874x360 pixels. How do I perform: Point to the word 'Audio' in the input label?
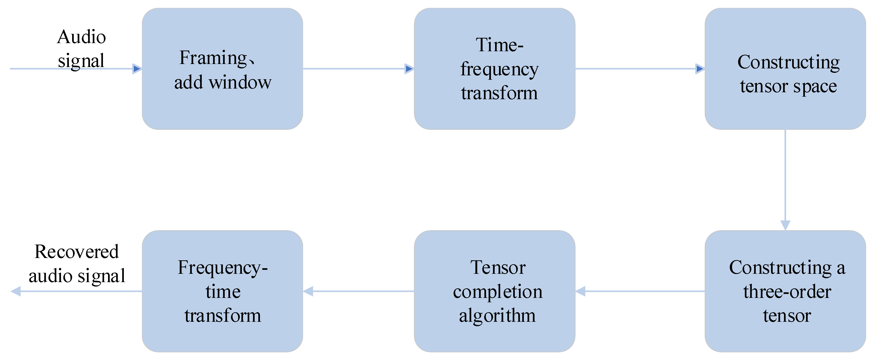[x=81, y=37]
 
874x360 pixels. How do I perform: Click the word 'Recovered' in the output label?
[x=77, y=252]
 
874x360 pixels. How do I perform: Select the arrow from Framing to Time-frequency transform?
[x=356, y=69]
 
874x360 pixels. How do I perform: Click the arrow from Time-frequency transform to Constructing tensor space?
[x=638, y=69]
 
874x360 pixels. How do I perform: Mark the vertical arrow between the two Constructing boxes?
[x=785, y=176]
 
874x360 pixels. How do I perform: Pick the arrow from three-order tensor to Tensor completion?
[x=641, y=291]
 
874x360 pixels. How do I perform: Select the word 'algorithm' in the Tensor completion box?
[x=497, y=315]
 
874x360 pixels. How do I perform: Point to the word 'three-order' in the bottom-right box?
[x=787, y=292]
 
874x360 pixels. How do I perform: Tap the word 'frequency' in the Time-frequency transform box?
[x=499, y=70]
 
